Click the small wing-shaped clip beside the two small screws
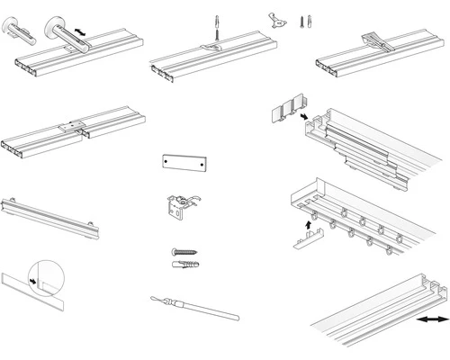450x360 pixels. click(x=279, y=17)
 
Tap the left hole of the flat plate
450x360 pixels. click(x=167, y=162)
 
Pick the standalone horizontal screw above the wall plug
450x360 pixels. click(x=182, y=253)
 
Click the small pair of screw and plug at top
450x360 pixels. click(x=303, y=18)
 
